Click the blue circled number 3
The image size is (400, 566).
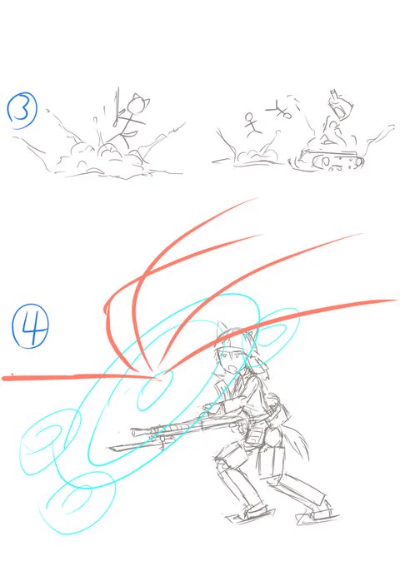(x=22, y=111)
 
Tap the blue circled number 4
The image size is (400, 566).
(x=30, y=325)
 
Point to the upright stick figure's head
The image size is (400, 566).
(x=250, y=117)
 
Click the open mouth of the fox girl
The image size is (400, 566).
(x=233, y=370)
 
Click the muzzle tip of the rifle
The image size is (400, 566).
(x=133, y=431)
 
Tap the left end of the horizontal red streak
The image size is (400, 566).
(x=3, y=378)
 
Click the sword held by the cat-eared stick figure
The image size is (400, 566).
(x=117, y=107)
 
